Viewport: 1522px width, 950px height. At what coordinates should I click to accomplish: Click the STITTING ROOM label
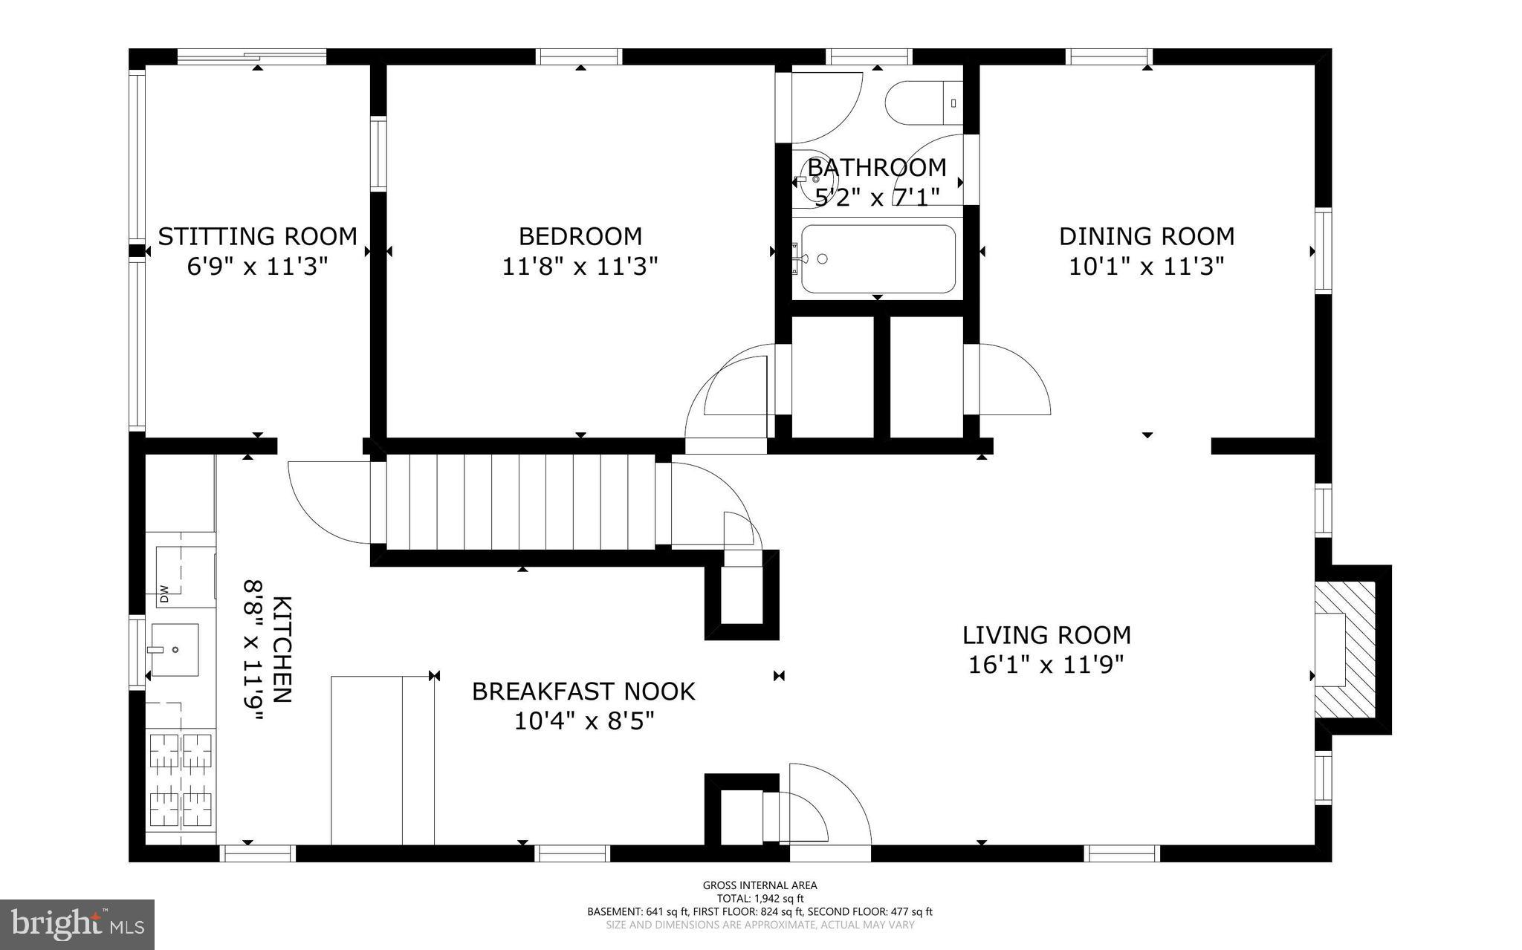click(257, 236)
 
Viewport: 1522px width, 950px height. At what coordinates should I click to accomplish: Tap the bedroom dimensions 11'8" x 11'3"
click(580, 266)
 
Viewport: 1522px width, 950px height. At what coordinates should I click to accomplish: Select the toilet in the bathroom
click(922, 103)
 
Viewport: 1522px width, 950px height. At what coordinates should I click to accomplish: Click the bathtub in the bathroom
click(877, 258)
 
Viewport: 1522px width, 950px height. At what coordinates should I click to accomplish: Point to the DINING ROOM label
click(1146, 236)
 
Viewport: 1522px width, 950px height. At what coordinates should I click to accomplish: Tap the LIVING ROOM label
click(1046, 635)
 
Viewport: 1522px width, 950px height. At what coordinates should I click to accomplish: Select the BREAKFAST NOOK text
click(583, 692)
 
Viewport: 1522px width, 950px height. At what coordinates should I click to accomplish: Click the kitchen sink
click(175, 649)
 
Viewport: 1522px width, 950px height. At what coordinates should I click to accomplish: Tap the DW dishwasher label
click(164, 593)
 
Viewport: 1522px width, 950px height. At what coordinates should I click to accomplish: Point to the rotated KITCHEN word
click(282, 648)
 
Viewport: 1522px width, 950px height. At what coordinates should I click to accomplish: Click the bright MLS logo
click(77, 924)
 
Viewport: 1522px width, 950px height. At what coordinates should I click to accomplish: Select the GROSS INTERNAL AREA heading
click(760, 885)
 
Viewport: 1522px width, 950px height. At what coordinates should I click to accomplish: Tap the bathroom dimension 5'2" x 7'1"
click(877, 197)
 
